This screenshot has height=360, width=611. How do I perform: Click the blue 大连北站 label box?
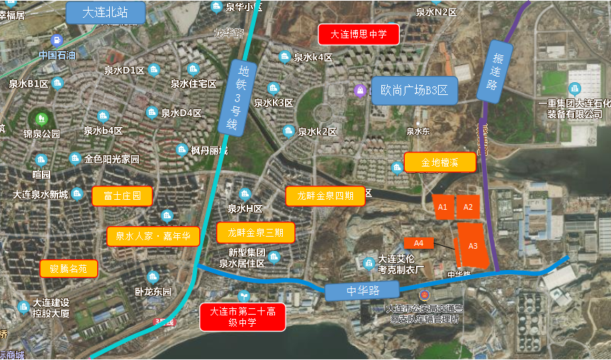(105, 12)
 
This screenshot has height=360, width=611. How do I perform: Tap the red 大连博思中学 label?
(359, 34)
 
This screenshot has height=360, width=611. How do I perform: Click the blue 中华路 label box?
(363, 291)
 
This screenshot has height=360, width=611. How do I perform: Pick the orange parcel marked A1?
(442, 207)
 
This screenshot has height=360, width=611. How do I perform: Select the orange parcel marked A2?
(467, 207)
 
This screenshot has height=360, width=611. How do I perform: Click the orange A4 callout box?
(418, 243)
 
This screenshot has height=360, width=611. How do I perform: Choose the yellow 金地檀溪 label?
(439, 162)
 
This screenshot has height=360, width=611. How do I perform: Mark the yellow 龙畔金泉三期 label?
(256, 232)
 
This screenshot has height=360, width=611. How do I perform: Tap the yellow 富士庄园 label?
(122, 196)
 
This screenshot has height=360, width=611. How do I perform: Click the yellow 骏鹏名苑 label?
(69, 269)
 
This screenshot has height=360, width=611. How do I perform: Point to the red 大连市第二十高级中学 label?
(242, 317)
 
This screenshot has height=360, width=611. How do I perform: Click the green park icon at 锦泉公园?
(40, 118)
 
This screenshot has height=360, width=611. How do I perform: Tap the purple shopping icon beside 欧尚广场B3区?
(361, 90)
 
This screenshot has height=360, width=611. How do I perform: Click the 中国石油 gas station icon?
(57, 40)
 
